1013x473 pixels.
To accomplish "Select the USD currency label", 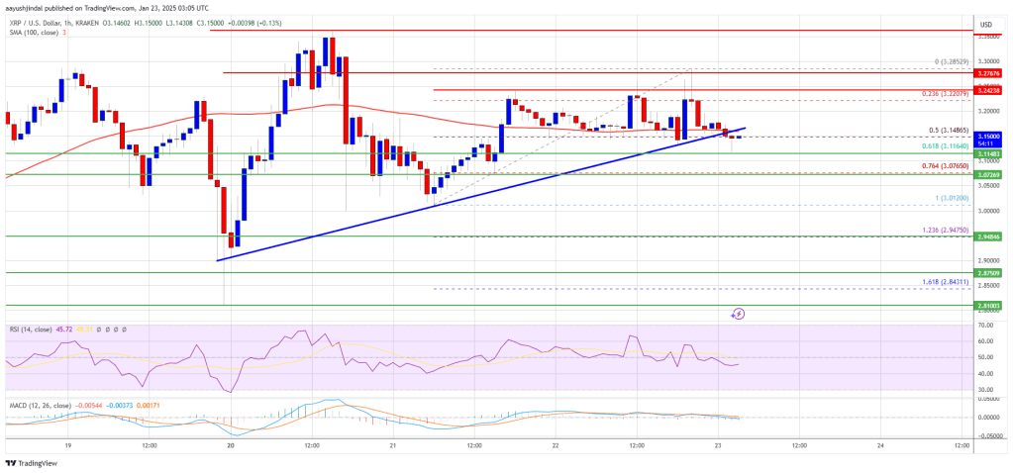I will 985,24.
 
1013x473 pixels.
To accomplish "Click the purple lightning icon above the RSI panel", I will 738,314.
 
